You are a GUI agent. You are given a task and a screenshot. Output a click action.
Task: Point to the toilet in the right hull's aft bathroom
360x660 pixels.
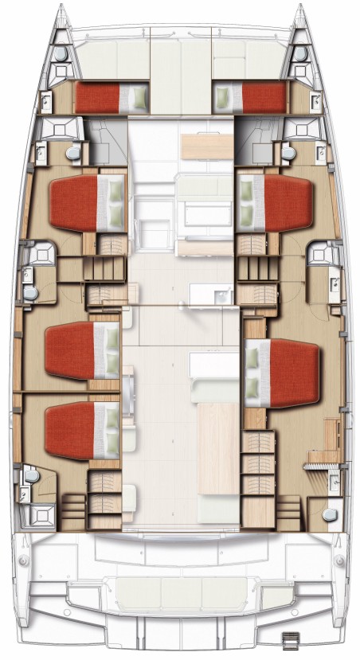coord(327,514)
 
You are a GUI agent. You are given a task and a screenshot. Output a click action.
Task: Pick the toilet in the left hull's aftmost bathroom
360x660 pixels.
coord(31,477)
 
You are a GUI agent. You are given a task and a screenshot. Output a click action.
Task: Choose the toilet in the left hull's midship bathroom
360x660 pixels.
coord(30,293)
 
